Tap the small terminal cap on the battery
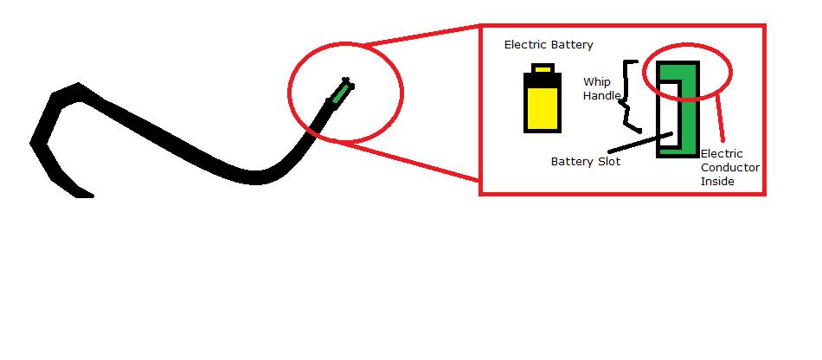543,67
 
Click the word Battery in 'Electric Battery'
573,45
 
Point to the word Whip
596,82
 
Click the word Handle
601,96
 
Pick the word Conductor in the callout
729,168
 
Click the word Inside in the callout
717,182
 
